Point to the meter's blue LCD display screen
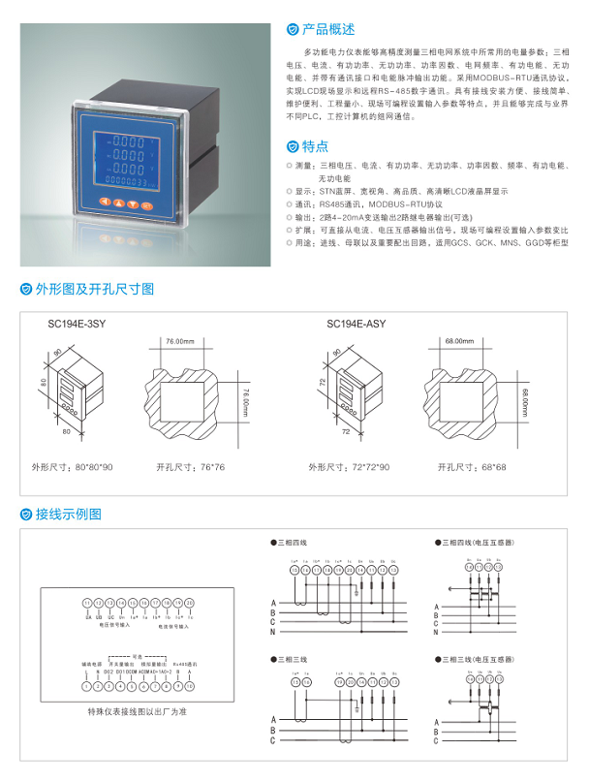pyautogui.click(x=122, y=157)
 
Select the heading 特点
pyautogui.click(x=314, y=146)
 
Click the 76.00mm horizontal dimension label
pyautogui.click(x=179, y=342)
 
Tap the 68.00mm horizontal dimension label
pyautogui.click(x=459, y=342)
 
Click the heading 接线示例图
pyautogui.click(x=68, y=514)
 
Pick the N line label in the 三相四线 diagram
pyautogui.click(x=274, y=632)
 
